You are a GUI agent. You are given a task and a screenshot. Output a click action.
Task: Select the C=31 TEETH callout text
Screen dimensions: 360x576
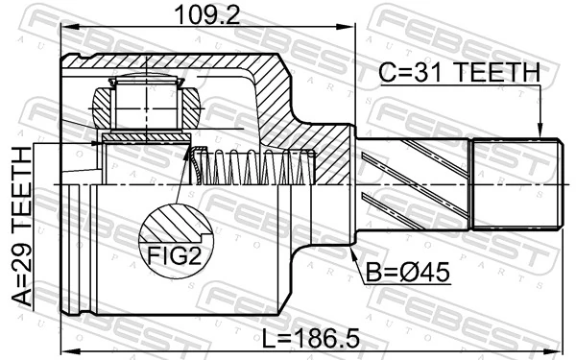[458, 73]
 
